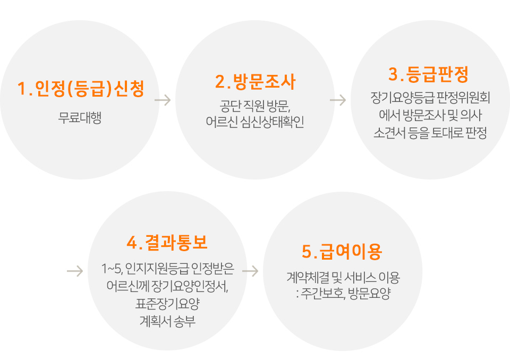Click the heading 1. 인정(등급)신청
[x=80, y=89]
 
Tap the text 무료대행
[x=80, y=118]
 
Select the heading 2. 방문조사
[x=255, y=82]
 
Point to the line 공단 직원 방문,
[x=255, y=105]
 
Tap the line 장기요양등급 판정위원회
[x=430, y=98]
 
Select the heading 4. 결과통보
[x=167, y=242]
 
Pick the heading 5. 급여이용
[x=342, y=252]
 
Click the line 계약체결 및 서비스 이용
[x=343, y=277]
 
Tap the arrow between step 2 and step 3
[x=338, y=100]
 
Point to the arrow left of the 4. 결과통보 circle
[x=75, y=271]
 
